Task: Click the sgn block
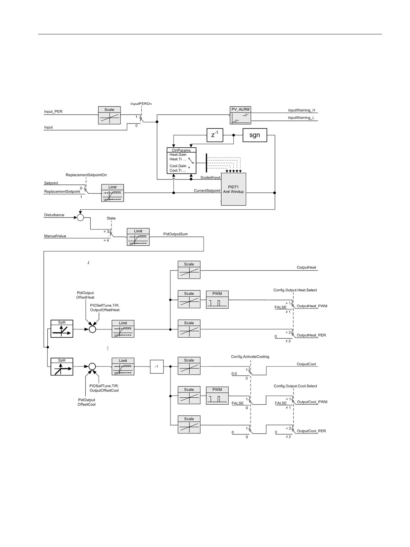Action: click(255, 135)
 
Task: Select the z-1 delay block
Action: click(215, 135)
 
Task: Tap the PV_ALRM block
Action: click(240, 115)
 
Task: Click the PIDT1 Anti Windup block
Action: click(234, 189)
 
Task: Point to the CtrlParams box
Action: click(181, 161)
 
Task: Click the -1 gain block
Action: click(157, 367)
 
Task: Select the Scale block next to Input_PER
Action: click(109, 115)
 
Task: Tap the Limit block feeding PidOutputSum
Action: click(138, 237)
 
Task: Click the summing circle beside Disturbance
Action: click(80, 218)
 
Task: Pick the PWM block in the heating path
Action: click(217, 300)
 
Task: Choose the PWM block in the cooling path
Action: click(217, 395)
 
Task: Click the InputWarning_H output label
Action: click(301, 110)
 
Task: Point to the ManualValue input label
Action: click(55, 236)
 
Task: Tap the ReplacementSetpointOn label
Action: click(86, 175)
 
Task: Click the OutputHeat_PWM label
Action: click(312, 306)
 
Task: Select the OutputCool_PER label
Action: click(311, 431)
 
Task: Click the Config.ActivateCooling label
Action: click(250, 357)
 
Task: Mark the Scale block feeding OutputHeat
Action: click(189, 270)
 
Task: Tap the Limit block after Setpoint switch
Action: click(113, 193)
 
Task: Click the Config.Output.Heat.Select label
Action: click(295, 290)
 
